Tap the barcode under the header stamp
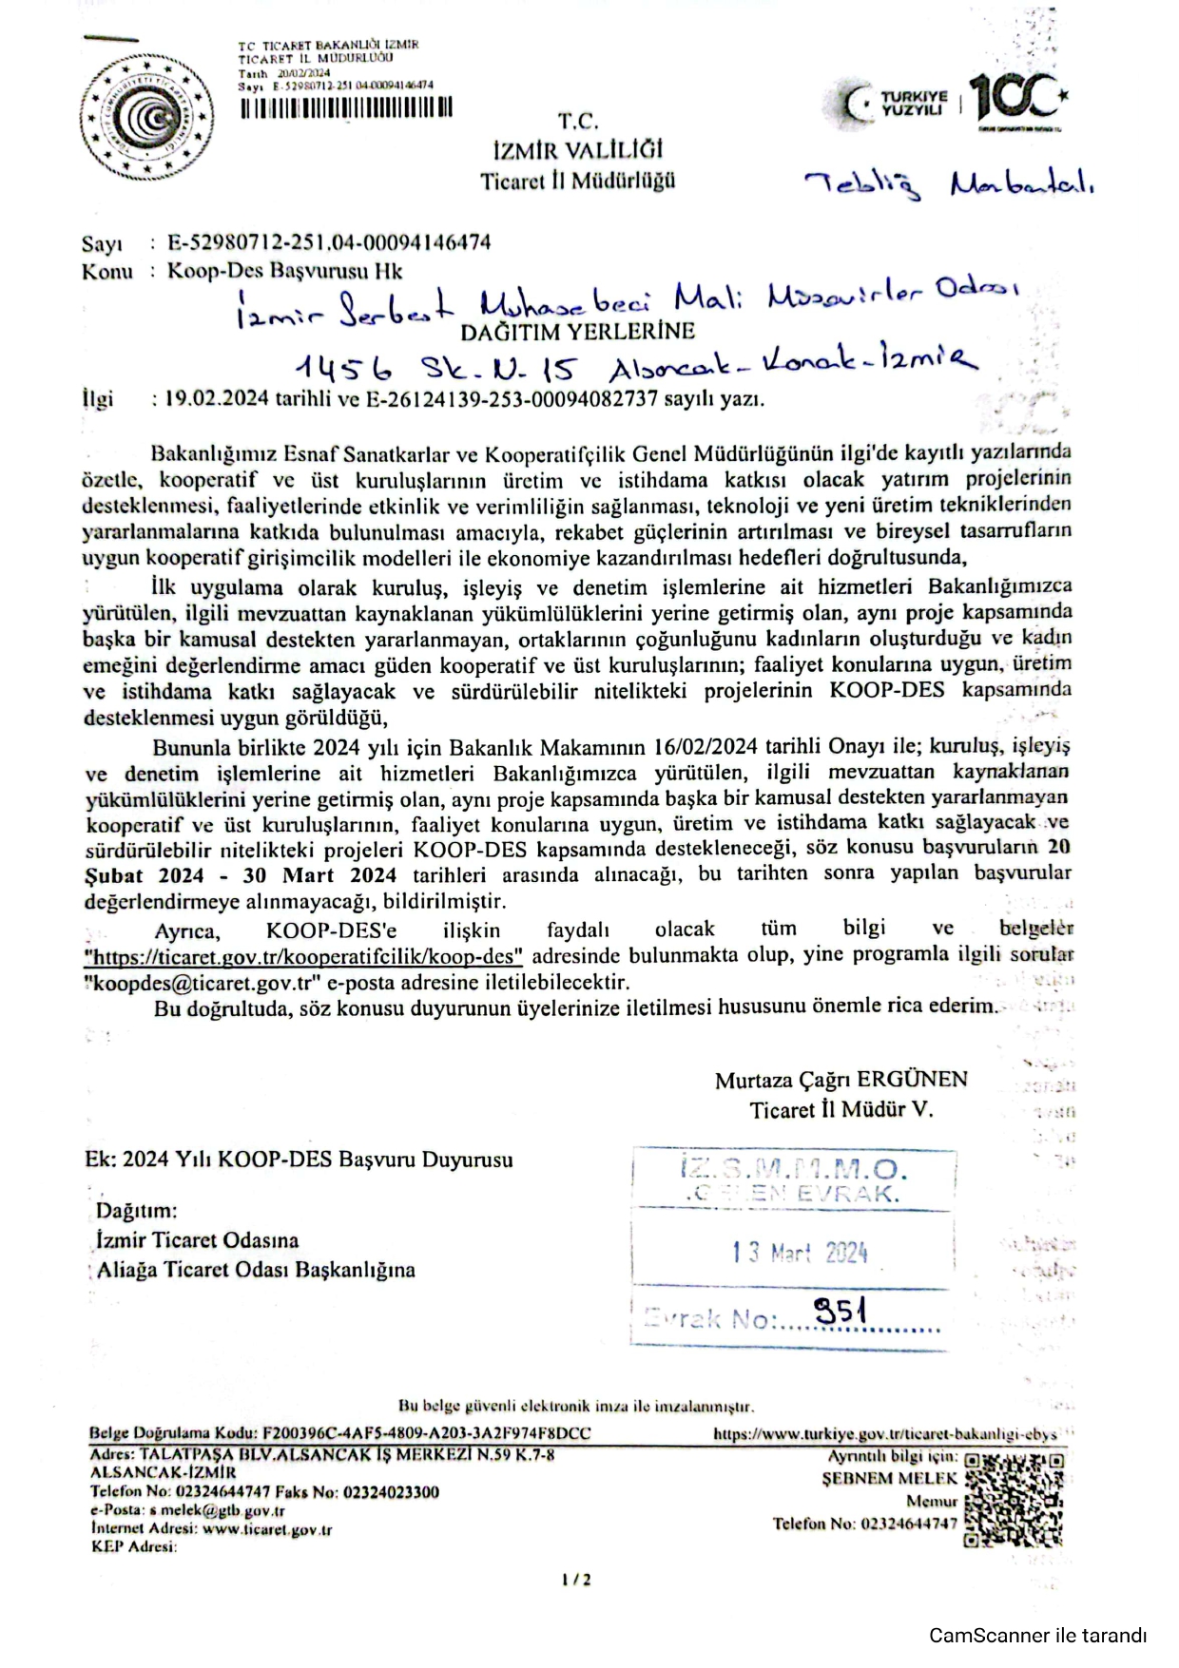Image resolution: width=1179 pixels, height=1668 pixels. tap(346, 107)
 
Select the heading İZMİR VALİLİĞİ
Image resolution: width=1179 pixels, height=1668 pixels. tap(578, 150)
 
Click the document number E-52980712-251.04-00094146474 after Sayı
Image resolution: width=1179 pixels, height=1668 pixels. tap(329, 242)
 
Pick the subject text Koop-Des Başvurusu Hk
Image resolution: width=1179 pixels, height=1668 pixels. tap(285, 271)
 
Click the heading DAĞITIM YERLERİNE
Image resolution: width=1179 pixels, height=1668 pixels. tap(577, 332)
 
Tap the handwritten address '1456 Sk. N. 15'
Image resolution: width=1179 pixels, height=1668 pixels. tap(434, 367)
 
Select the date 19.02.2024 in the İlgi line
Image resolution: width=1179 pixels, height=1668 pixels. tap(217, 398)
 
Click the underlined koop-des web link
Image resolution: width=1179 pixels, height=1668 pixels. tap(303, 956)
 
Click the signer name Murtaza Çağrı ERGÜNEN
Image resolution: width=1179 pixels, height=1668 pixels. tap(841, 1080)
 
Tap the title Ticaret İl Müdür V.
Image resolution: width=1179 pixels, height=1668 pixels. tap(841, 1109)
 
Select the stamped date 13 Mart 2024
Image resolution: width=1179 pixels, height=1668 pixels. tap(800, 1253)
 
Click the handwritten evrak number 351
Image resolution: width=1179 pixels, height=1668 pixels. tap(840, 1313)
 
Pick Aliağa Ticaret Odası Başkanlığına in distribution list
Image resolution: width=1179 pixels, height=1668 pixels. tap(256, 1270)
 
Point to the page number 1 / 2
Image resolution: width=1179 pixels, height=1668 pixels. tap(576, 1580)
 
